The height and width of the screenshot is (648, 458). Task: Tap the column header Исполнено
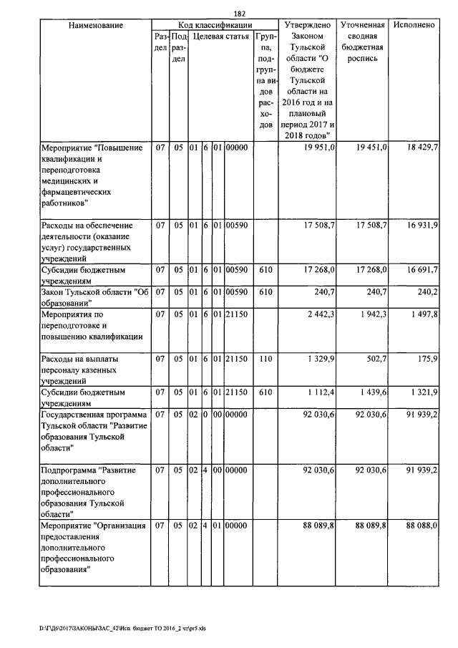pos(414,25)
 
